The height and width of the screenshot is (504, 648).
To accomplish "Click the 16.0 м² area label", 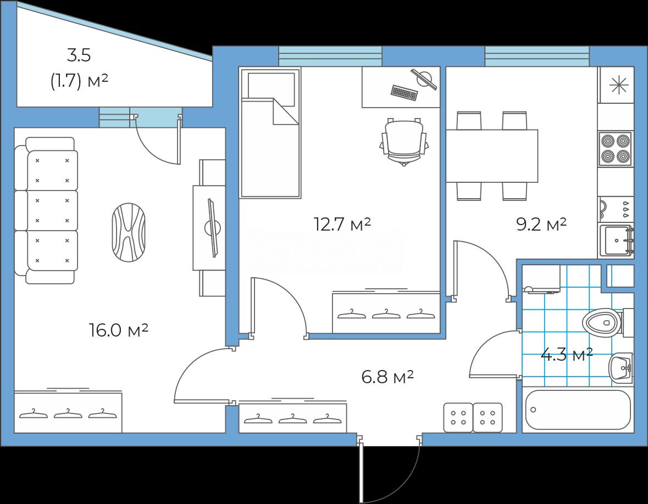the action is click(119, 330).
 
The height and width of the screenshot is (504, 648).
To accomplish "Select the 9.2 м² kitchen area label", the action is click(541, 224).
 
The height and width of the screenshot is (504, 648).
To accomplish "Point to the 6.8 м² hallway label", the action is click(387, 377).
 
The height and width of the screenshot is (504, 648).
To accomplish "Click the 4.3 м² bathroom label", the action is click(567, 354).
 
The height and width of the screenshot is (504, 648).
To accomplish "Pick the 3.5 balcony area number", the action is click(79, 55).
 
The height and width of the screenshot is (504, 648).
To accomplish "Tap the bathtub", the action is click(578, 410).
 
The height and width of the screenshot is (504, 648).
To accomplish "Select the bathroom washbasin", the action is click(621, 367).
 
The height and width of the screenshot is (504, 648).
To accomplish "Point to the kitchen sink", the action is click(617, 240).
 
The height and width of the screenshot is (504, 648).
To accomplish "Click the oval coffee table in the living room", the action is click(129, 232).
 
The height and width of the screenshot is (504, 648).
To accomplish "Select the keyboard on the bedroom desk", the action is click(404, 92).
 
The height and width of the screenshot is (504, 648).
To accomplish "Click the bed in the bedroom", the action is click(270, 132).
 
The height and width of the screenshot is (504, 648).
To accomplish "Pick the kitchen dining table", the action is click(492, 156).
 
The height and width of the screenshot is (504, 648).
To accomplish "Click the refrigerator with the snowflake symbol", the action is click(616, 85).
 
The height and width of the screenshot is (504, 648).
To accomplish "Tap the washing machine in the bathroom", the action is click(541, 279).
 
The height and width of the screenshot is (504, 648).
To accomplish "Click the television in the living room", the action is click(213, 228).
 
